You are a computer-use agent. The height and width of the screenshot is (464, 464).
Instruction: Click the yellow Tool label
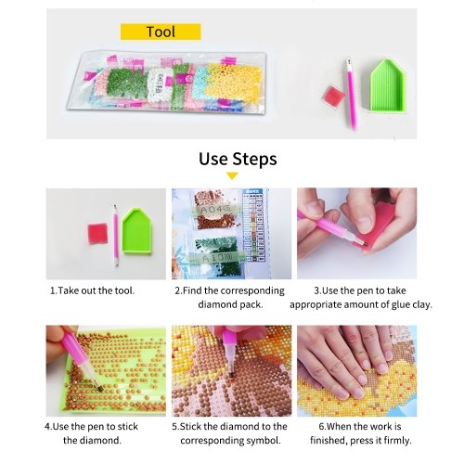(161, 32)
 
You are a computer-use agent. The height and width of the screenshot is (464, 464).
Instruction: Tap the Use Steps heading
(238, 159)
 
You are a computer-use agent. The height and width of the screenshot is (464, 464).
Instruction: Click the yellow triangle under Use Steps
(232, 176)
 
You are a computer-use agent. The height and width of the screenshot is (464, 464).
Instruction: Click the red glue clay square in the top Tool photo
(331, 96)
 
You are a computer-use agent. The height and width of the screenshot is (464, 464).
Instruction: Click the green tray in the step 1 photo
(137, 231)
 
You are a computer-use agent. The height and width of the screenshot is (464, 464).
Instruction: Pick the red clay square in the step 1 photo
(97, 234)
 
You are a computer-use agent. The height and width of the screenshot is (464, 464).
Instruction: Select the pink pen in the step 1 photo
(115, 235)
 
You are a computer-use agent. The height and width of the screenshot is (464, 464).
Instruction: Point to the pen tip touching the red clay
(365, 244)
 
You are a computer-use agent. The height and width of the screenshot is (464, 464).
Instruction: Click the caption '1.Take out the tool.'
(93, 290)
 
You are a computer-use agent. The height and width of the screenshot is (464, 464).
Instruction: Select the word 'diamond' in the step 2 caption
(213, 304)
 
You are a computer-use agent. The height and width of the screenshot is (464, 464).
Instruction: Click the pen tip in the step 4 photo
(99, 388)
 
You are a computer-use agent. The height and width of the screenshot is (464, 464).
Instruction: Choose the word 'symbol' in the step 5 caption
(264, 441)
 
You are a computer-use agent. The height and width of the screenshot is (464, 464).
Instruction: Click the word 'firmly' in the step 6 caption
(396, 441)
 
